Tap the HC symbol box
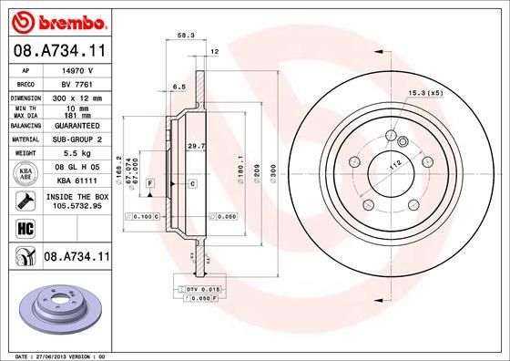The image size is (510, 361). pyautogui.click(x=20, y=228)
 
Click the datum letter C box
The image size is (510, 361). pyautogui.click(x=193, y=185)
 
